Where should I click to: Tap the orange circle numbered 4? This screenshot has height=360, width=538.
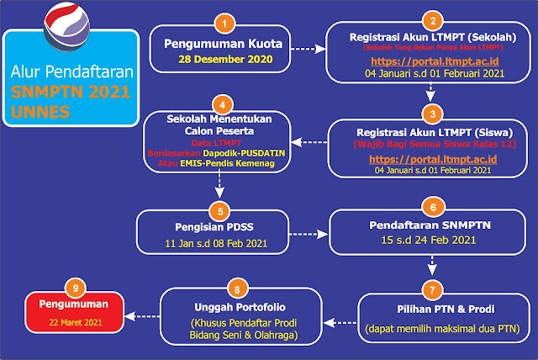tap(222, 106)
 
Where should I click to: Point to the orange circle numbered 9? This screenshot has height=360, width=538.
tap(76, 288)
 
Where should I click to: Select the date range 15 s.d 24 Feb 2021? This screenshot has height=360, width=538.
tap(430, 241)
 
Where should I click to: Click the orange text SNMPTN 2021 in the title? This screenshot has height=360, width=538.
tap(66, 89)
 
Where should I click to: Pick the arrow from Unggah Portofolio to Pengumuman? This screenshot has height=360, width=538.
tap(142, 316)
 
